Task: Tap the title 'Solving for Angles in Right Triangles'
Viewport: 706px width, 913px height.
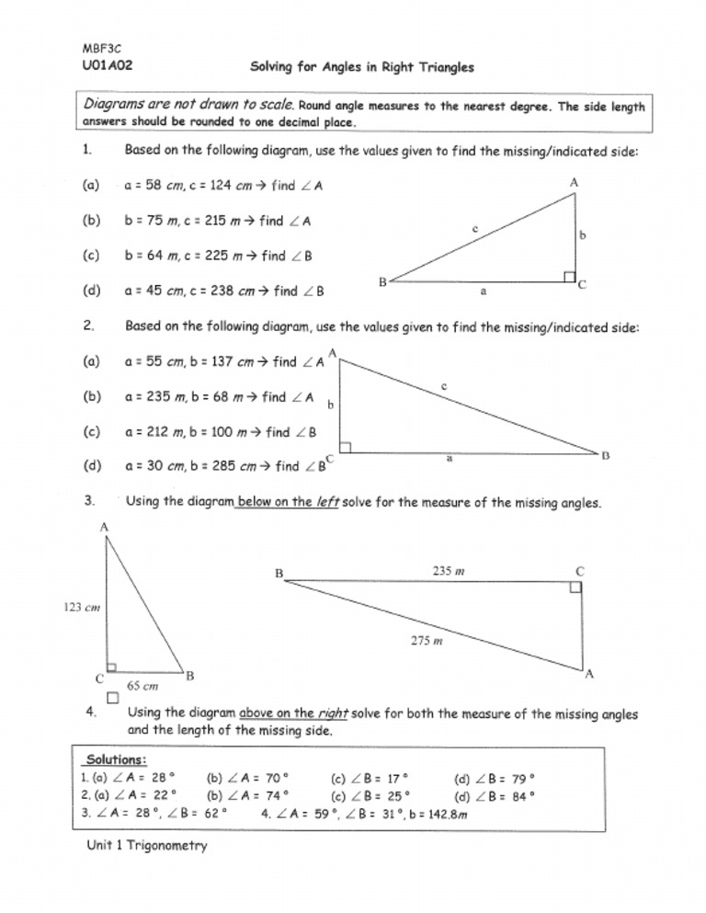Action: pyautogui.click(x=362, y=67)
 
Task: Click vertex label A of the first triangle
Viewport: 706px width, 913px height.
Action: pyautogui.click(x=574, y=183)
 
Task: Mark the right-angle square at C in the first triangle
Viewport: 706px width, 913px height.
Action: pyautogui.click(x=570, y=277)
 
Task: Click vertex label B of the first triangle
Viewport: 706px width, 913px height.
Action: pyautogui.click(x=381, y=282)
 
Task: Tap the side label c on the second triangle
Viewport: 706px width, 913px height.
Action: pyautogui.click(x=443, y=387)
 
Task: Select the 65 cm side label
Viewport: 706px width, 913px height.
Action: pyautogui.click(x=142, y=686)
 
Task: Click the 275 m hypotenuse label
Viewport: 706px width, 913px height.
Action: pyautogui.click(x=427, y=642)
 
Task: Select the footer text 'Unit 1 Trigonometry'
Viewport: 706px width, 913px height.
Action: pyautogui.click(x=143, y=845)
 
